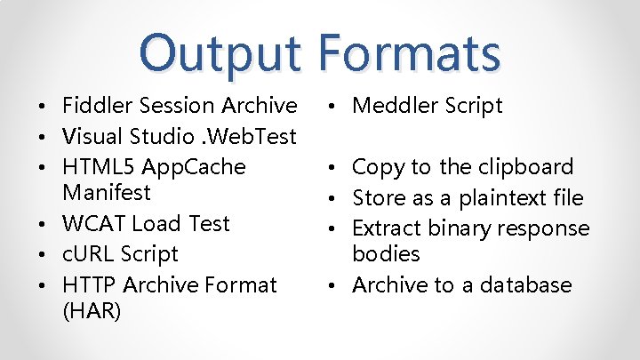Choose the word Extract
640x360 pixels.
(x=387, y=228)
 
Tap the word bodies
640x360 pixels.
(x=386, y=254)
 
